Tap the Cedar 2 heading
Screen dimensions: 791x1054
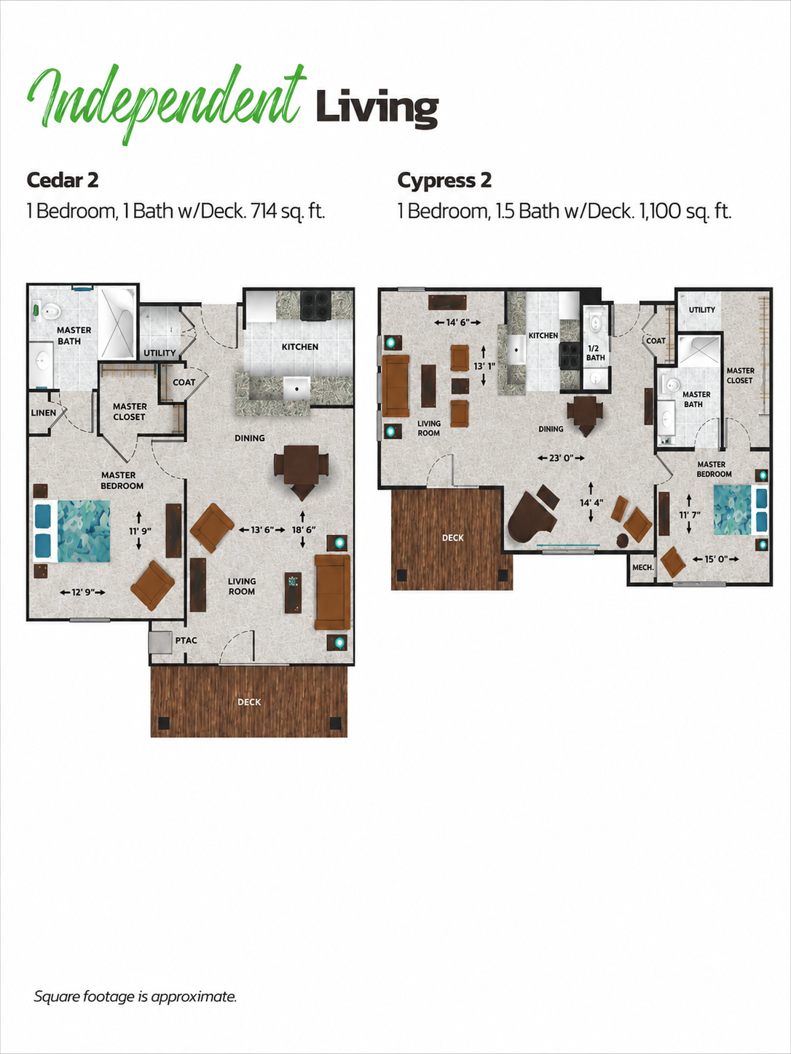[x=63, y=181]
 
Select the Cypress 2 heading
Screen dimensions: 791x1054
[x=444, y=181]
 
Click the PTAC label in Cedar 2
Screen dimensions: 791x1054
[x=186, y=641]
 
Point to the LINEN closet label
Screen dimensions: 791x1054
[x=43, y=413]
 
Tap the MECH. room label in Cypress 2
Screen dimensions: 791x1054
[x=643, y=568]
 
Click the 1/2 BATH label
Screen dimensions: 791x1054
[x=596, y=354]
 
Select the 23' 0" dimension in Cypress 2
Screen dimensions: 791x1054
[x=561, y=458]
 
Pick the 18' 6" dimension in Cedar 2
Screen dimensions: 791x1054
[x=304, y=530]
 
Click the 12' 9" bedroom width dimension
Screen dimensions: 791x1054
[x=82, y=592]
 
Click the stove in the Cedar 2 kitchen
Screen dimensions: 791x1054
[x=315, y=306]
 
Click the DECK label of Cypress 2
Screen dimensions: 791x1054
[x=453, y=538]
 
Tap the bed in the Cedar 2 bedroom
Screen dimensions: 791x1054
[x=71, y=531]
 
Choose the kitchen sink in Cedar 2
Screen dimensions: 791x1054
[x=296, y=389]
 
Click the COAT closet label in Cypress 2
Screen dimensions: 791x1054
[x=656, y=341]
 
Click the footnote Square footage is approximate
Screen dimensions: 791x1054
[x=135, y=996]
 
